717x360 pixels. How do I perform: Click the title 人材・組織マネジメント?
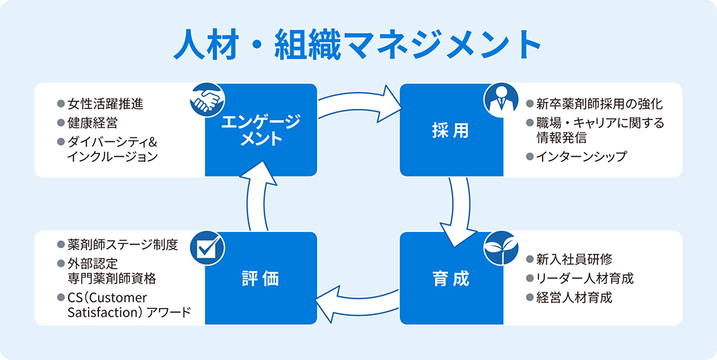point(358,44)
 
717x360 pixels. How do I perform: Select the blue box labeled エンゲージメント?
point(261,130)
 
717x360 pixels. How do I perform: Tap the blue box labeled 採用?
point(451,131)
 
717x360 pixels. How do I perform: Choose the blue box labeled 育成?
point(451,278)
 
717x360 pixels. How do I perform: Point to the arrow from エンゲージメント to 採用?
point(359,104)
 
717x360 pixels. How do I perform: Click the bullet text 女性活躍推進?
point(105,104)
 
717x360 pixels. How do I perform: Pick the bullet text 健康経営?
point(92,123)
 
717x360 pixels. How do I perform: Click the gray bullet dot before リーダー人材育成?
point(530,278)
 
